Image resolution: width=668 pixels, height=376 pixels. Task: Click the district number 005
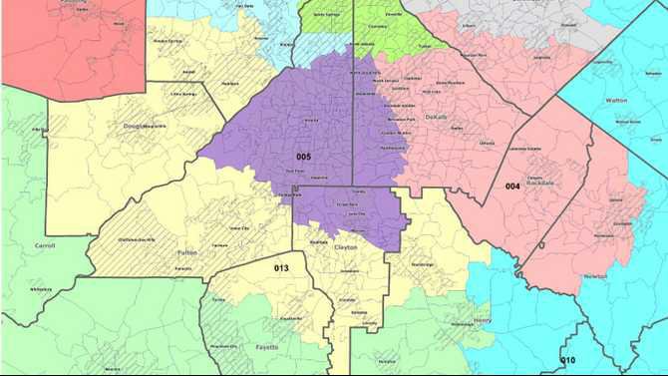click(303, 158)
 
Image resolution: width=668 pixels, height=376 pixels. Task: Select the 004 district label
click(512, 187)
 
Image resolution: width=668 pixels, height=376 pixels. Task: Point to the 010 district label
click(567, 360)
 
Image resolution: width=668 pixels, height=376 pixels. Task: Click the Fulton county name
click(186, 253)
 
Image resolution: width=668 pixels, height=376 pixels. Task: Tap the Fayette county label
click(264, 347)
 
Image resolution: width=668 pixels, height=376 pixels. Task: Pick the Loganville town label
click(569, 58)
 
